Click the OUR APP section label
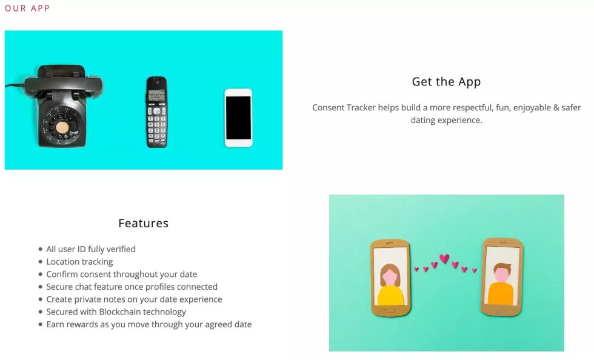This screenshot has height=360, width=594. [27, 8]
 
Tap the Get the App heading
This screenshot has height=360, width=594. [446, 82]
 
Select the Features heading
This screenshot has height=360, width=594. [143, 223]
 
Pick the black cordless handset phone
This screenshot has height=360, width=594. [157, 112]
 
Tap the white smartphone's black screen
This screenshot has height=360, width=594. [238, 118]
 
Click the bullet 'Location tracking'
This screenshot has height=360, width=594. [79, 262]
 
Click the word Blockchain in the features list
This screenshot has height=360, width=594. [121, 312]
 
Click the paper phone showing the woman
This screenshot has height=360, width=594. [390, 278]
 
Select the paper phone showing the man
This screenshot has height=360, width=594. [502, 277]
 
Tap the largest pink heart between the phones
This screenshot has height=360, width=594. [444, 259]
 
